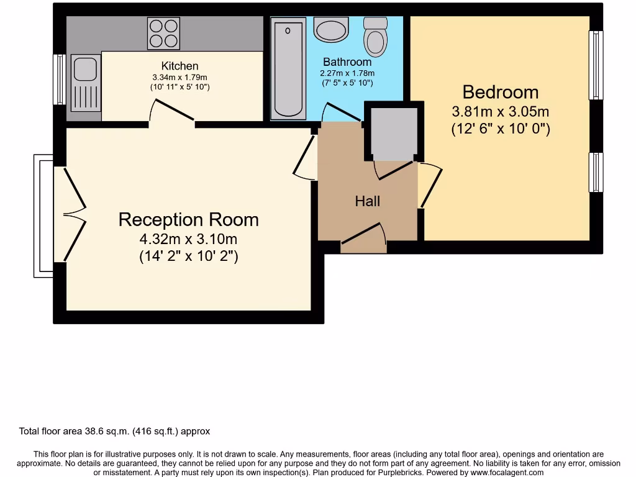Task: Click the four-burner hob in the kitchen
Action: tap(163, 33)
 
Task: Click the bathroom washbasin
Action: tap(332, 29)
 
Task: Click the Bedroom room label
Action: tap(500, 92)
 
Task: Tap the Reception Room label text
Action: tap(188, 219)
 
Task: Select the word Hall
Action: tap(367, 201)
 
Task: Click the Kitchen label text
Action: tap(179, 66)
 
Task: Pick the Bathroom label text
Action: tap(347, 62)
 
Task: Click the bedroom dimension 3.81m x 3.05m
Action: tap(500, 112)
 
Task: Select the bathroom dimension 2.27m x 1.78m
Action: tap(347, 73)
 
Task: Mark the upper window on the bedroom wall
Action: tap(596, 65)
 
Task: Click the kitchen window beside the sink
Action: tap(60, 79)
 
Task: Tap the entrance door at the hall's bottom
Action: tap(363, 239)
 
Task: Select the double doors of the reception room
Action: tap(71, 214)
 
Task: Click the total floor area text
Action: tap(115, 431)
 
